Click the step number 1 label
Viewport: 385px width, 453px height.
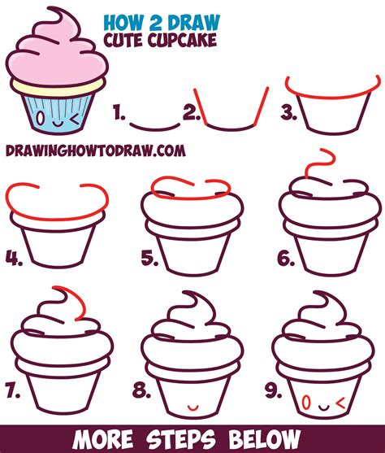pos(119,115)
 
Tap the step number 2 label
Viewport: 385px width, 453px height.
pos(192,115)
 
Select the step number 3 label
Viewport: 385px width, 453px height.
pos(287,115)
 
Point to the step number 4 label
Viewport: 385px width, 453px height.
pos(14,259)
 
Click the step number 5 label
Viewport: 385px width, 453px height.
pos(149,259)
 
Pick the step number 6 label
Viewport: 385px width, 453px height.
pos(285,259)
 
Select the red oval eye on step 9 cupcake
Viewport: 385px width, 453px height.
pos(305,400)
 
